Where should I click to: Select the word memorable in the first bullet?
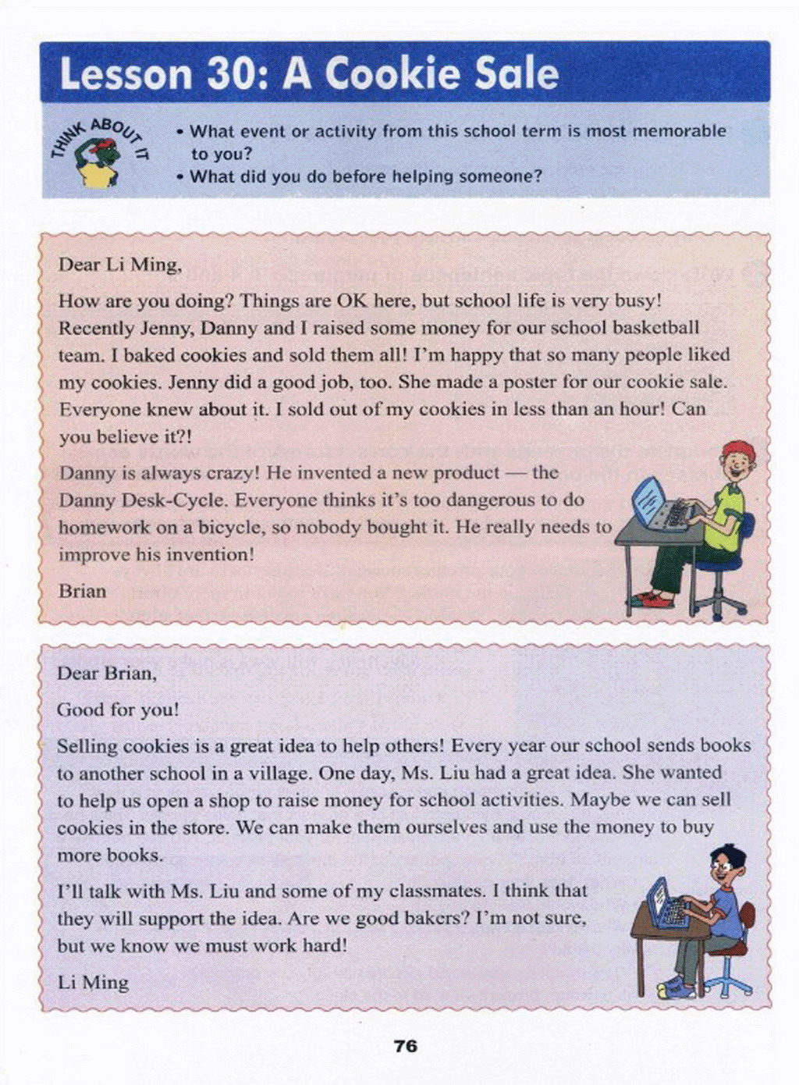[x=678, y=131]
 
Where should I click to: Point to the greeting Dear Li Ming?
[x=119, y=265]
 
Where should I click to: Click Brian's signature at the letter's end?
[x=82, y=591]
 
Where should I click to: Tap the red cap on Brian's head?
[x=738, y=450]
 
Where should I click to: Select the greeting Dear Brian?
[x=107, y=674]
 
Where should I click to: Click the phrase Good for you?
[x=118, y=710]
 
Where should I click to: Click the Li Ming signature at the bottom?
[x=93, y=982]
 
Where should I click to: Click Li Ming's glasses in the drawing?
[x=722, y=865]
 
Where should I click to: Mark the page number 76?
[x=406, y=1045]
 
